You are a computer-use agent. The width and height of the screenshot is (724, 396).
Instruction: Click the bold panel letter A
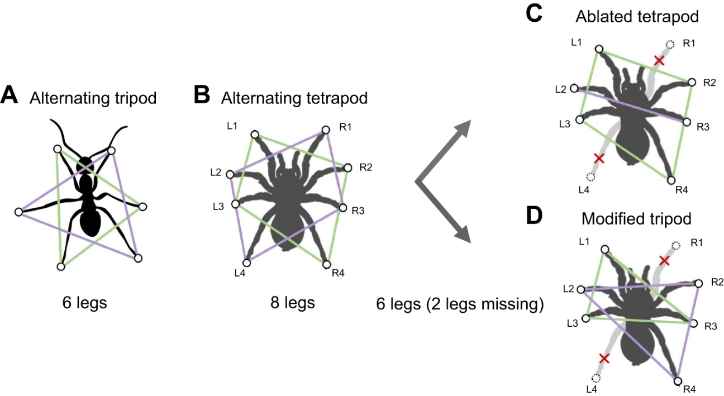point(9,95)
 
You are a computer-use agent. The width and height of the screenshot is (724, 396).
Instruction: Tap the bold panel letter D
point(534,216)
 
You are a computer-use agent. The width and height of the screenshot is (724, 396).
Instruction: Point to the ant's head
point(85,165)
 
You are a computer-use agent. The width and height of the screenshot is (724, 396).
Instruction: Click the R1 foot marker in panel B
point(326,130)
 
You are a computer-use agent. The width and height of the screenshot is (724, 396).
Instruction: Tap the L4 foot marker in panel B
point(246,262)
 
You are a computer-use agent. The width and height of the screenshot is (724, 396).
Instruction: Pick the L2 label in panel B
point(216,172)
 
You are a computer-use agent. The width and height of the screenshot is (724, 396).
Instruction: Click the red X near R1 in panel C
point(659,60)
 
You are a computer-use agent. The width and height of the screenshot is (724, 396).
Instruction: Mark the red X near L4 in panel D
point(604,359)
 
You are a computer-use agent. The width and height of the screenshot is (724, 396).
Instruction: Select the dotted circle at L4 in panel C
point(590,177)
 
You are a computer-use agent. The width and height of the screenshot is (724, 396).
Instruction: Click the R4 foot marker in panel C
point(671,180)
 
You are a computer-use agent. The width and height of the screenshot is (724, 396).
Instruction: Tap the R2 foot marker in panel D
point(698,284)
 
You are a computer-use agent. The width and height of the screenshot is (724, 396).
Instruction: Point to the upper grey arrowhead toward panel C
point(463,128)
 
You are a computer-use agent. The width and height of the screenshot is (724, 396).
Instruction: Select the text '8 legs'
point(293,303)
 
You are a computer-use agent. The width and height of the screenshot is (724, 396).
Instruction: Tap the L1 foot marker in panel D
point(605,249)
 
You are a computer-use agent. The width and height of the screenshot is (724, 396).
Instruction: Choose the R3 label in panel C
point(703,127)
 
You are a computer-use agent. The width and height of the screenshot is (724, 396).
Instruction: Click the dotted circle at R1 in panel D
point(675,246)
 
